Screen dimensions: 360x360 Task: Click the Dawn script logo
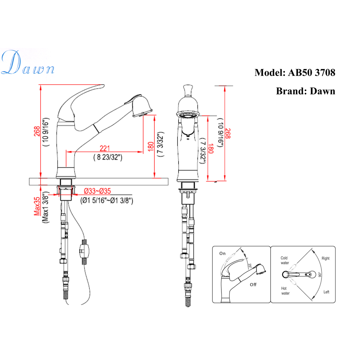pos(28,62)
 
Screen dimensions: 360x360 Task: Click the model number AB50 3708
pos(311,73)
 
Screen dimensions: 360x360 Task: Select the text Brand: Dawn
pos(306,91)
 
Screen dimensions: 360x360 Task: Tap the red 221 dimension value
pos(105,148)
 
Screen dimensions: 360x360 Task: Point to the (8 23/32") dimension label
pos(108,157)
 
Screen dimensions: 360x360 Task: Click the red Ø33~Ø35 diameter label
pos(97,191)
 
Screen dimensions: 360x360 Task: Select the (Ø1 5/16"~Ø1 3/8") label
pos(107,201)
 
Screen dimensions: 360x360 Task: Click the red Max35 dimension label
pos(37,206)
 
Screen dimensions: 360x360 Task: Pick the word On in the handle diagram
pos(222,253)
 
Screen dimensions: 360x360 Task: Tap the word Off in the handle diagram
pos(253,285)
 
